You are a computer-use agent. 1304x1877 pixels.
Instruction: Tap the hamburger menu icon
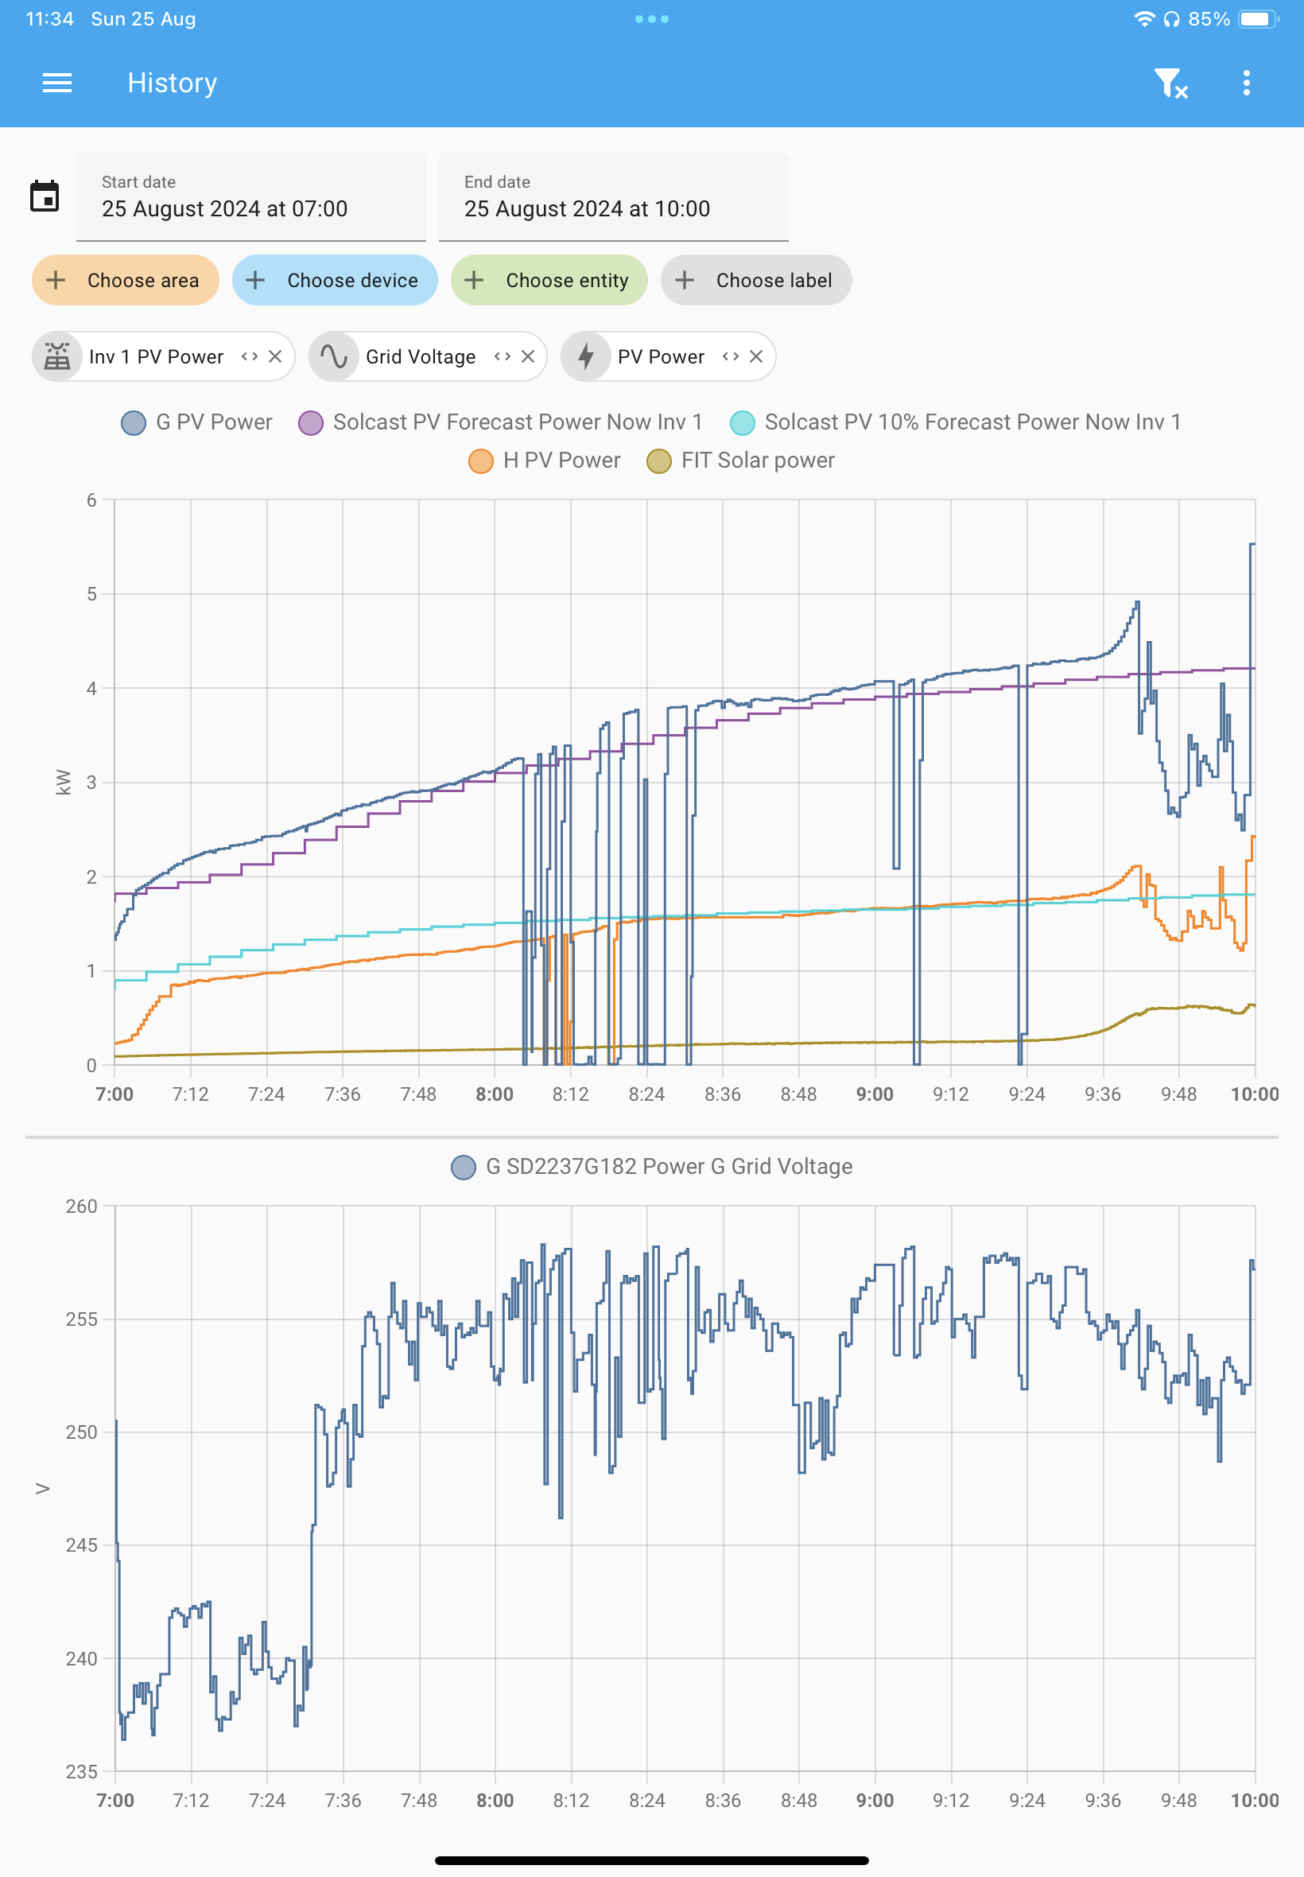(x=57, y=83)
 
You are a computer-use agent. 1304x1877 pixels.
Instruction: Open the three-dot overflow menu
(x=1246, y=83)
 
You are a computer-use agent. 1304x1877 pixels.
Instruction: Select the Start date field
(x=250, y=197)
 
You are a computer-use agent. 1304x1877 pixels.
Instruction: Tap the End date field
(x=614, y=197)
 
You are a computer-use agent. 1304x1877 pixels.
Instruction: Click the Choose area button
(x=125, y=280)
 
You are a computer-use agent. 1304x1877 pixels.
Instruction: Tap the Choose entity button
(x=549, y=280)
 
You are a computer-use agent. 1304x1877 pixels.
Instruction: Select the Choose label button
(x=756, y=280)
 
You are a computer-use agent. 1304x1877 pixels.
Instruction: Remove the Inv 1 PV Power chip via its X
(x=275, y=356)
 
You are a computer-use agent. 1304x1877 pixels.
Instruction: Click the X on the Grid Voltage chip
(x=528, y=356)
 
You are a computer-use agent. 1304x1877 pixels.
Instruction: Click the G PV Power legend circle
(x=133, y=422)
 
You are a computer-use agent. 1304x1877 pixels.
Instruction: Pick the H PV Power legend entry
(x=545, y=461)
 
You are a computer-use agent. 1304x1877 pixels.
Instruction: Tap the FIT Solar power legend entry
(x=740, y=461)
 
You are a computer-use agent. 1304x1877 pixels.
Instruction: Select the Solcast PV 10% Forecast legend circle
(x=742, y=422)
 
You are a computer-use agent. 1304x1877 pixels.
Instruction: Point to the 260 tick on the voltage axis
(x=82, y=1206)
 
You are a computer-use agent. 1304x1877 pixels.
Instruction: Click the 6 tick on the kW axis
(x=91, y=500)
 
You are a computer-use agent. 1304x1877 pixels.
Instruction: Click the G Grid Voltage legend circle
(x=464, y=1167)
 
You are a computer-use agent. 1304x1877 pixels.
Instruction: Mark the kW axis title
(x=63, y=782)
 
